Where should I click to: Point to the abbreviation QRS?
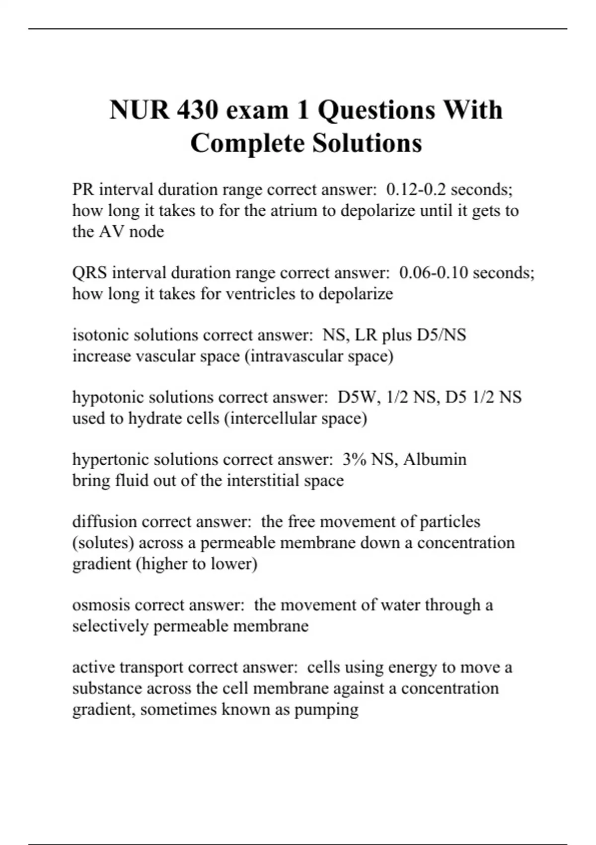coord(89,273)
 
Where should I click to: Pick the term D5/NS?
coord(442,335)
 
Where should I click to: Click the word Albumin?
coord(435,459)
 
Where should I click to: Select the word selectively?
coord(110,626)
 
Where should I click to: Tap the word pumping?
coord(326,709)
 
